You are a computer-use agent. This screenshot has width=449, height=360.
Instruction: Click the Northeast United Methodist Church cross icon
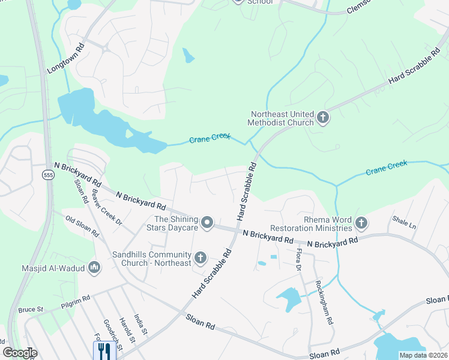(x=323, y=117)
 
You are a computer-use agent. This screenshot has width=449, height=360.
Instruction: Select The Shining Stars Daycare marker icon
(x=207, y=223)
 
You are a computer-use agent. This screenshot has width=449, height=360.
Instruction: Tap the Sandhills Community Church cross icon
(x=200, y=259)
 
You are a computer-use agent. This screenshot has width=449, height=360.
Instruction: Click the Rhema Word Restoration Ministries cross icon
(x=361, y=223)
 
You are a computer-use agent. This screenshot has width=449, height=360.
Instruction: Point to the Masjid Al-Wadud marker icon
(x=94, y=268)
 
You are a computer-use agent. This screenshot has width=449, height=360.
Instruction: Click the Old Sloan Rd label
(x=82, y=226)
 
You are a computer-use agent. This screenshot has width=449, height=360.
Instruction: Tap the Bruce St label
(x=31, y=310)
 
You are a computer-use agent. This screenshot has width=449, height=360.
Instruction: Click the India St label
(x=140, y=325)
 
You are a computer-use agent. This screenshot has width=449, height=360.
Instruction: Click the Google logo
(x=20, y=353)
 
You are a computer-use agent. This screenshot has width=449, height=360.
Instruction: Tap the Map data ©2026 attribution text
(x=423, y=355)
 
